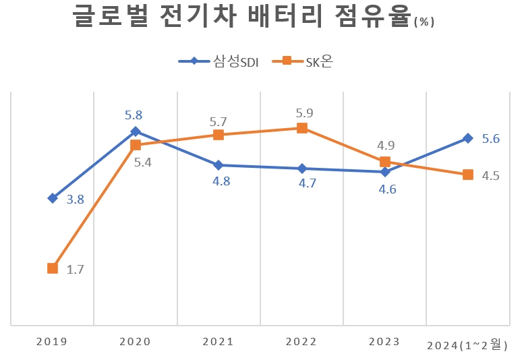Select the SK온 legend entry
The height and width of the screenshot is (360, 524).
pyautogui.click(x=303, y=61)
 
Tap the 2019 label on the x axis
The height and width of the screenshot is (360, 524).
pyautogui.click(x=52, y=342)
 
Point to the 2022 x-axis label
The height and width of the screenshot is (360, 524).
pyautogui.click(x=301, y=342)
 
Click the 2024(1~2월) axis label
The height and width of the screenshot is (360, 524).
pyautogui.click(x=467, y=346)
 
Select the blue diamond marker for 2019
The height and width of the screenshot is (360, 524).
pyautogui.click(x=53, y=198)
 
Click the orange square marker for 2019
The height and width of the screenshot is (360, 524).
pyautogui.click(x=53, y=268)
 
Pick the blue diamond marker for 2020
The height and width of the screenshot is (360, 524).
pyautogui.click(x=136, y=131)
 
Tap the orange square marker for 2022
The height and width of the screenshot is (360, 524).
pyautogui.click(x=301, y=128)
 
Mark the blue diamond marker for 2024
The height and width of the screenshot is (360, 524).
pyautogui.click(x=467, y=138)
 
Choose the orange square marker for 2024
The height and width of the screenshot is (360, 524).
pyautogui.click(x=467, y=175)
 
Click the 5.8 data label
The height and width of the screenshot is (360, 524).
pyautogui.click(x=134, y=115)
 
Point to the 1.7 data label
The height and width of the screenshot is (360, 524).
pyautogui.click(x=75, y=270)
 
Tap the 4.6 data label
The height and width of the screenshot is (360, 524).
pyautogui.click(x=388, y=189)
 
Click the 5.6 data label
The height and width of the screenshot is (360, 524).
pyautogui.click(x=491, y=139)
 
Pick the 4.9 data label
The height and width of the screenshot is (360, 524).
pyautogui.click(x=386, y=146)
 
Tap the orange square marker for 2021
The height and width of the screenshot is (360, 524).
pyautogui.click(x=219, y=135)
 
